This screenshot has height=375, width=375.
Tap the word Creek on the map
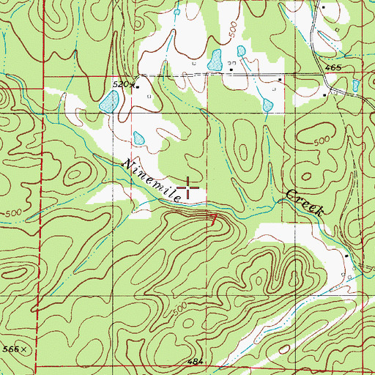304,203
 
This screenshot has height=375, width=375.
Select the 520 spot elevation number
120,85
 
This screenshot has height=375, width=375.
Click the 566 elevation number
9,350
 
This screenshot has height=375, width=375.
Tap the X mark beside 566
23,350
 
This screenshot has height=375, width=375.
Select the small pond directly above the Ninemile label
138,138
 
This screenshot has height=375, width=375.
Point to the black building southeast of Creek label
346,255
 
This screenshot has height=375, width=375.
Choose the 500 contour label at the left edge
10,213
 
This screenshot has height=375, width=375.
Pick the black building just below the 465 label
326,94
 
